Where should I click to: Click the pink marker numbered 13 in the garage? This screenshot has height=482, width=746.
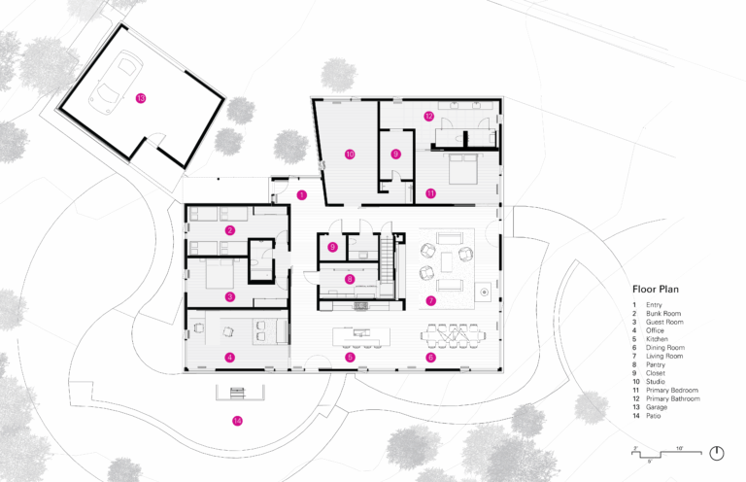141,98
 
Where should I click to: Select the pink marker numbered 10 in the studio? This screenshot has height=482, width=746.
350,155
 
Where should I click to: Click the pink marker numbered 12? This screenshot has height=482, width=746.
429,116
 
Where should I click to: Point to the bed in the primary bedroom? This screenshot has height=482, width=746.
460,168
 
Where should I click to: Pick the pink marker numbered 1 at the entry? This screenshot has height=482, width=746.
302,194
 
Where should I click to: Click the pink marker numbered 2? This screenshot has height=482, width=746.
230,230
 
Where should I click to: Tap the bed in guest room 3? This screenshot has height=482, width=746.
220,273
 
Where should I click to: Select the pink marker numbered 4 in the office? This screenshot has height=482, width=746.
230,357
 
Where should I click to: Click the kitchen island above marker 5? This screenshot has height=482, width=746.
361,336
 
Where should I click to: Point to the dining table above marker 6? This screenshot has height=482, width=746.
454,336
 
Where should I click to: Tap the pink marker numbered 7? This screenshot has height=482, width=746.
431,300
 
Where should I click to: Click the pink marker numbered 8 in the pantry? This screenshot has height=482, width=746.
350,279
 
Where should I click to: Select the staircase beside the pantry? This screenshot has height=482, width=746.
388,259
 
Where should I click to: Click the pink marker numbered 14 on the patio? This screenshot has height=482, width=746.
237,421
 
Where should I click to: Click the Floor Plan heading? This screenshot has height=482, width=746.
656,290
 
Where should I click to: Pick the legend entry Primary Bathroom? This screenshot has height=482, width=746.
673,398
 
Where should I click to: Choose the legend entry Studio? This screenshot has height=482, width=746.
655,382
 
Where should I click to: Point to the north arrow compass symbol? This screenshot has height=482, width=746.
717,453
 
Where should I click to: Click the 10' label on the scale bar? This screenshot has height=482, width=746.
679,448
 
